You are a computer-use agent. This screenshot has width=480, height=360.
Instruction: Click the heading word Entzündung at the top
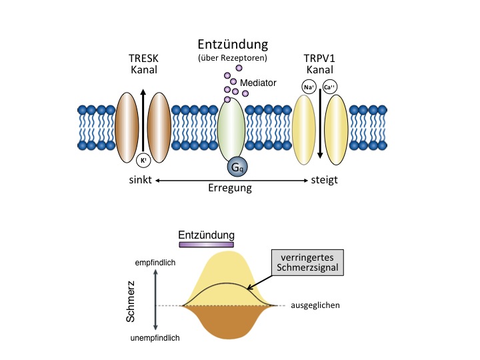point(232,45)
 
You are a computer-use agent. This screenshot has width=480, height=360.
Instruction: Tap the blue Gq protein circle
point(236,166)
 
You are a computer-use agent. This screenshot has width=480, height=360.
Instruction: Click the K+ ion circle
point(143,160)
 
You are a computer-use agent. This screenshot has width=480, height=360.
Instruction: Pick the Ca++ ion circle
point(329,86)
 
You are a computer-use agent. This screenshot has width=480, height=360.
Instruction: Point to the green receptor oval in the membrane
point(231,130)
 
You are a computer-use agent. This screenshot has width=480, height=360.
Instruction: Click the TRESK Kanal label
point(144,63)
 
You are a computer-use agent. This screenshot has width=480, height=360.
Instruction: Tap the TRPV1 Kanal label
point(319,63)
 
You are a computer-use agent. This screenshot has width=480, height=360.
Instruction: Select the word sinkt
point(140,180)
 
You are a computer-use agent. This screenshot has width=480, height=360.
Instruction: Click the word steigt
point(324,180)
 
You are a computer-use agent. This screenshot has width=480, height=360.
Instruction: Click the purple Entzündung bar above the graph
point(206,245)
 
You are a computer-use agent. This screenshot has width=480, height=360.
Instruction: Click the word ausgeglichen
point(315,305)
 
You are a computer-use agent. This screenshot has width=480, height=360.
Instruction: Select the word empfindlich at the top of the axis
point(155,263)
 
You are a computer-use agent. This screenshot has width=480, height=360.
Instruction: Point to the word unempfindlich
point(155,338)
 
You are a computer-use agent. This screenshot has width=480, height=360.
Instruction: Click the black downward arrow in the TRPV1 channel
point(320,127)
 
